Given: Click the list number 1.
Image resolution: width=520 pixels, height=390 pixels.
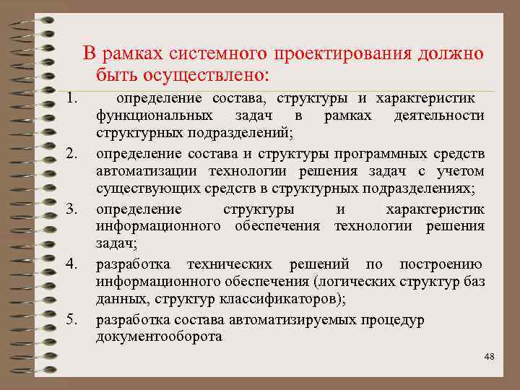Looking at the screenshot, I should [x=71, y=97].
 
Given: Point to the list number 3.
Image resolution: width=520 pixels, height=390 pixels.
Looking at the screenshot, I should [x=71, y=209].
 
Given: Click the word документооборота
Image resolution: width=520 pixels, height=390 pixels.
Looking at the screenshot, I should [x=159, y=337].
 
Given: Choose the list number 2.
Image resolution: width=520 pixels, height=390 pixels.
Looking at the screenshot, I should [x=71, y=153].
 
